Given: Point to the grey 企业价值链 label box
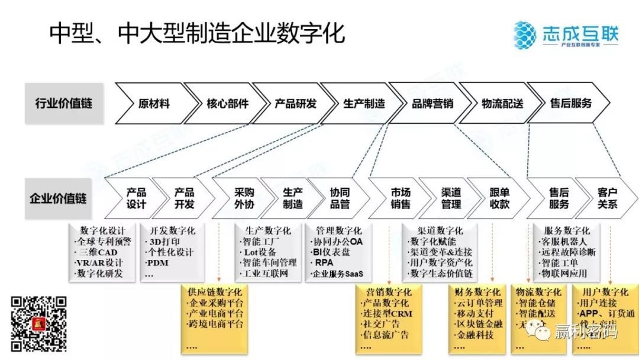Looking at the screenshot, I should (58, 198).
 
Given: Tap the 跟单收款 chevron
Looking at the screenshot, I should (499, 198).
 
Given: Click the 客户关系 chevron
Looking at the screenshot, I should (607, 198).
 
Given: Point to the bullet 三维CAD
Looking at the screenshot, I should (96, 252).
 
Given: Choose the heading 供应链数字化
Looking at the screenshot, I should (214, 292).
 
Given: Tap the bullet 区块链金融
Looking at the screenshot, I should (480, 324).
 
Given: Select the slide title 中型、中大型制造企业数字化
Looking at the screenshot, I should (196, 34).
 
